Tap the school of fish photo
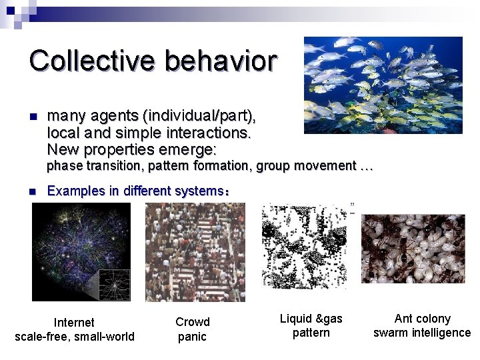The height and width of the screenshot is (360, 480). coord(383,85)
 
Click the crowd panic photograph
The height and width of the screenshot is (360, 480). coord(195,252)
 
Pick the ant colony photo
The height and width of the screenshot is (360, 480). coord(413,248)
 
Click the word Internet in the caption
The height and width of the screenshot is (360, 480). coord(74,323)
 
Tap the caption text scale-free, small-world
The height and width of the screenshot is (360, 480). coord(74,337)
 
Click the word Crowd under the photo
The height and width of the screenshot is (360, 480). coord(192,323)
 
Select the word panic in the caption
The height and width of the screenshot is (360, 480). coord(192,337)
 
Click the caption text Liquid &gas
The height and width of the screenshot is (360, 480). coord(311,319)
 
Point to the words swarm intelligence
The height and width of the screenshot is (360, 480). coord(421,333)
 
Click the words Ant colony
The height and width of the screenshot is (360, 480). coord(422,319)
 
